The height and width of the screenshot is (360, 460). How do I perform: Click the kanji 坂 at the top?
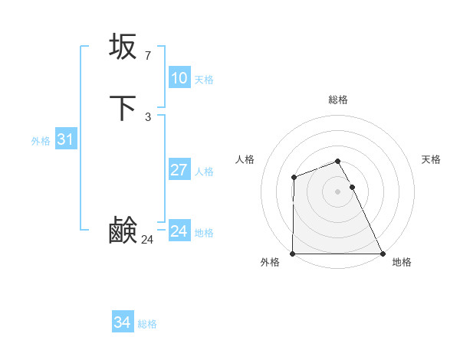pyautogui.click(x=123, y=47)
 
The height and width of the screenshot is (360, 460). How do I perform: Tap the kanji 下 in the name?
pyautogui.click(x=123, y=108)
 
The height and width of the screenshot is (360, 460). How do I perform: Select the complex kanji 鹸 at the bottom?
pyautogui.click(x=123, y=231)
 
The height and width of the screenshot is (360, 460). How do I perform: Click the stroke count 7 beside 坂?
pyautogui.click(x=147, y=56)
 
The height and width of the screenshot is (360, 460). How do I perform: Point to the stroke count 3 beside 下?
pyautogui.click(x=147, y=117)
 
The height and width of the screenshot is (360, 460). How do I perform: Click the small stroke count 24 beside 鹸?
pyautogui.click(x=147, y=240)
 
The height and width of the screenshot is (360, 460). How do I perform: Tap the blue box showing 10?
pyautogui.click(x=179, y=78)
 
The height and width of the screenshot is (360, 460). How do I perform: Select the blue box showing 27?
pyautogui.click(x=179, y=170)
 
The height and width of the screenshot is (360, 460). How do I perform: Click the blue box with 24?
pyautogui.click(x=179, y=231)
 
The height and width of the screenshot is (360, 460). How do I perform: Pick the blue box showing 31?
pyautogui.click(x=65, y=139)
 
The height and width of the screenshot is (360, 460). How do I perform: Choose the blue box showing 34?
pyautogui.click(x=122, y=322)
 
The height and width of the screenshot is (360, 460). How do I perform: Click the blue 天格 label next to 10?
pyautogui.click(x=204, y=80)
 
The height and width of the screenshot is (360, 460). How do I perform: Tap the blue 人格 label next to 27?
pyautogui.click(x=204, y=172)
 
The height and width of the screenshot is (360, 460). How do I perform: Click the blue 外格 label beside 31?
pyautogui.click(x=41, y=141)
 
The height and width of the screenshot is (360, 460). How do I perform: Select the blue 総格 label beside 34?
pyautogui.click(x=147, y=324)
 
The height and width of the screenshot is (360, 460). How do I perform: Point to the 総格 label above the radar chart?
pyautogui.click(x=337, y=100)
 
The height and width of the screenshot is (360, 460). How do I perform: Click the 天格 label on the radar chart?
pyautogui.click(x=431, y=159)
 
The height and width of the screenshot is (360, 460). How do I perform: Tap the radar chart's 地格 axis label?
pyautogui.click(x=402, y=263)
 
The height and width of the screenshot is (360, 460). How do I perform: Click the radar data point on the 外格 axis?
pyautogui.click(x=293, y=254)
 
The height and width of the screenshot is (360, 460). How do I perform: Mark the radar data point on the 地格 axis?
pyautogui.click(x=383, y=254)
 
